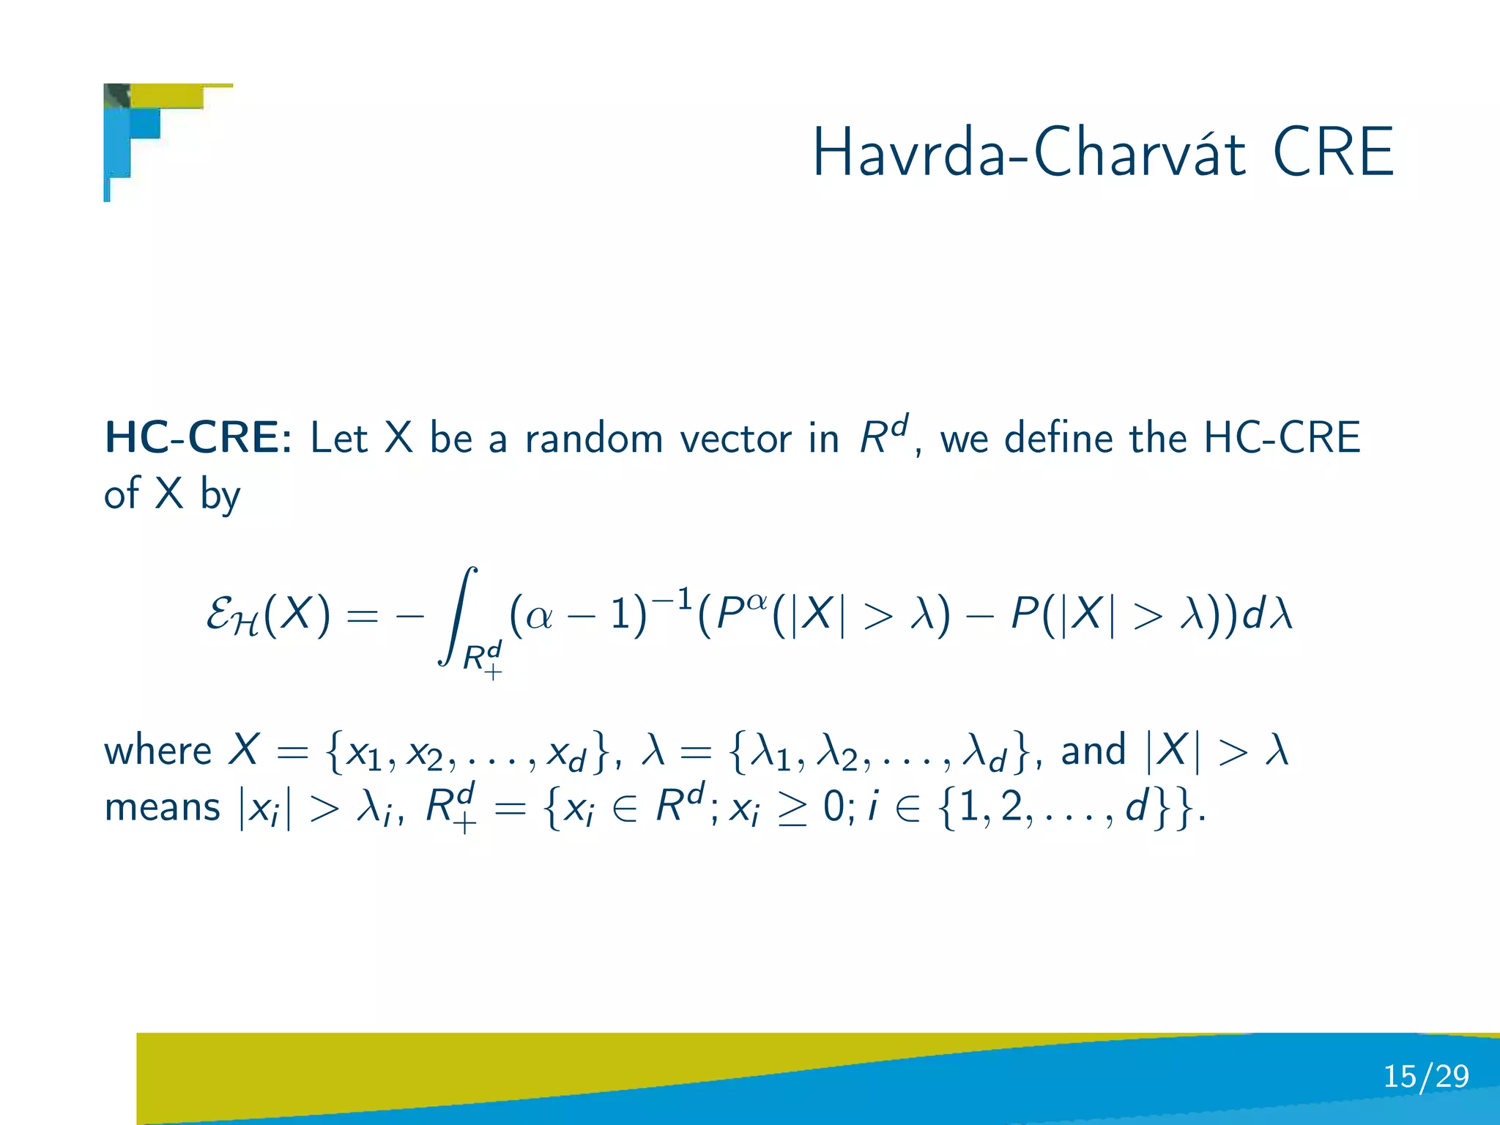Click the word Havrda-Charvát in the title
coord(1029,152)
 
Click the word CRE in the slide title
coord(1333,152)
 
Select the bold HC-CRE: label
coord(198,438)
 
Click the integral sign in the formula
coord(459,615)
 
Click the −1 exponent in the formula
coord(672,599)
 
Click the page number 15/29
coord(1425,1076)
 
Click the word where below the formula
coord(158,751)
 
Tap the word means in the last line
coord(162,808)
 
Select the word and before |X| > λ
coord(1093,751)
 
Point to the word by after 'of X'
coord(220,495)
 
